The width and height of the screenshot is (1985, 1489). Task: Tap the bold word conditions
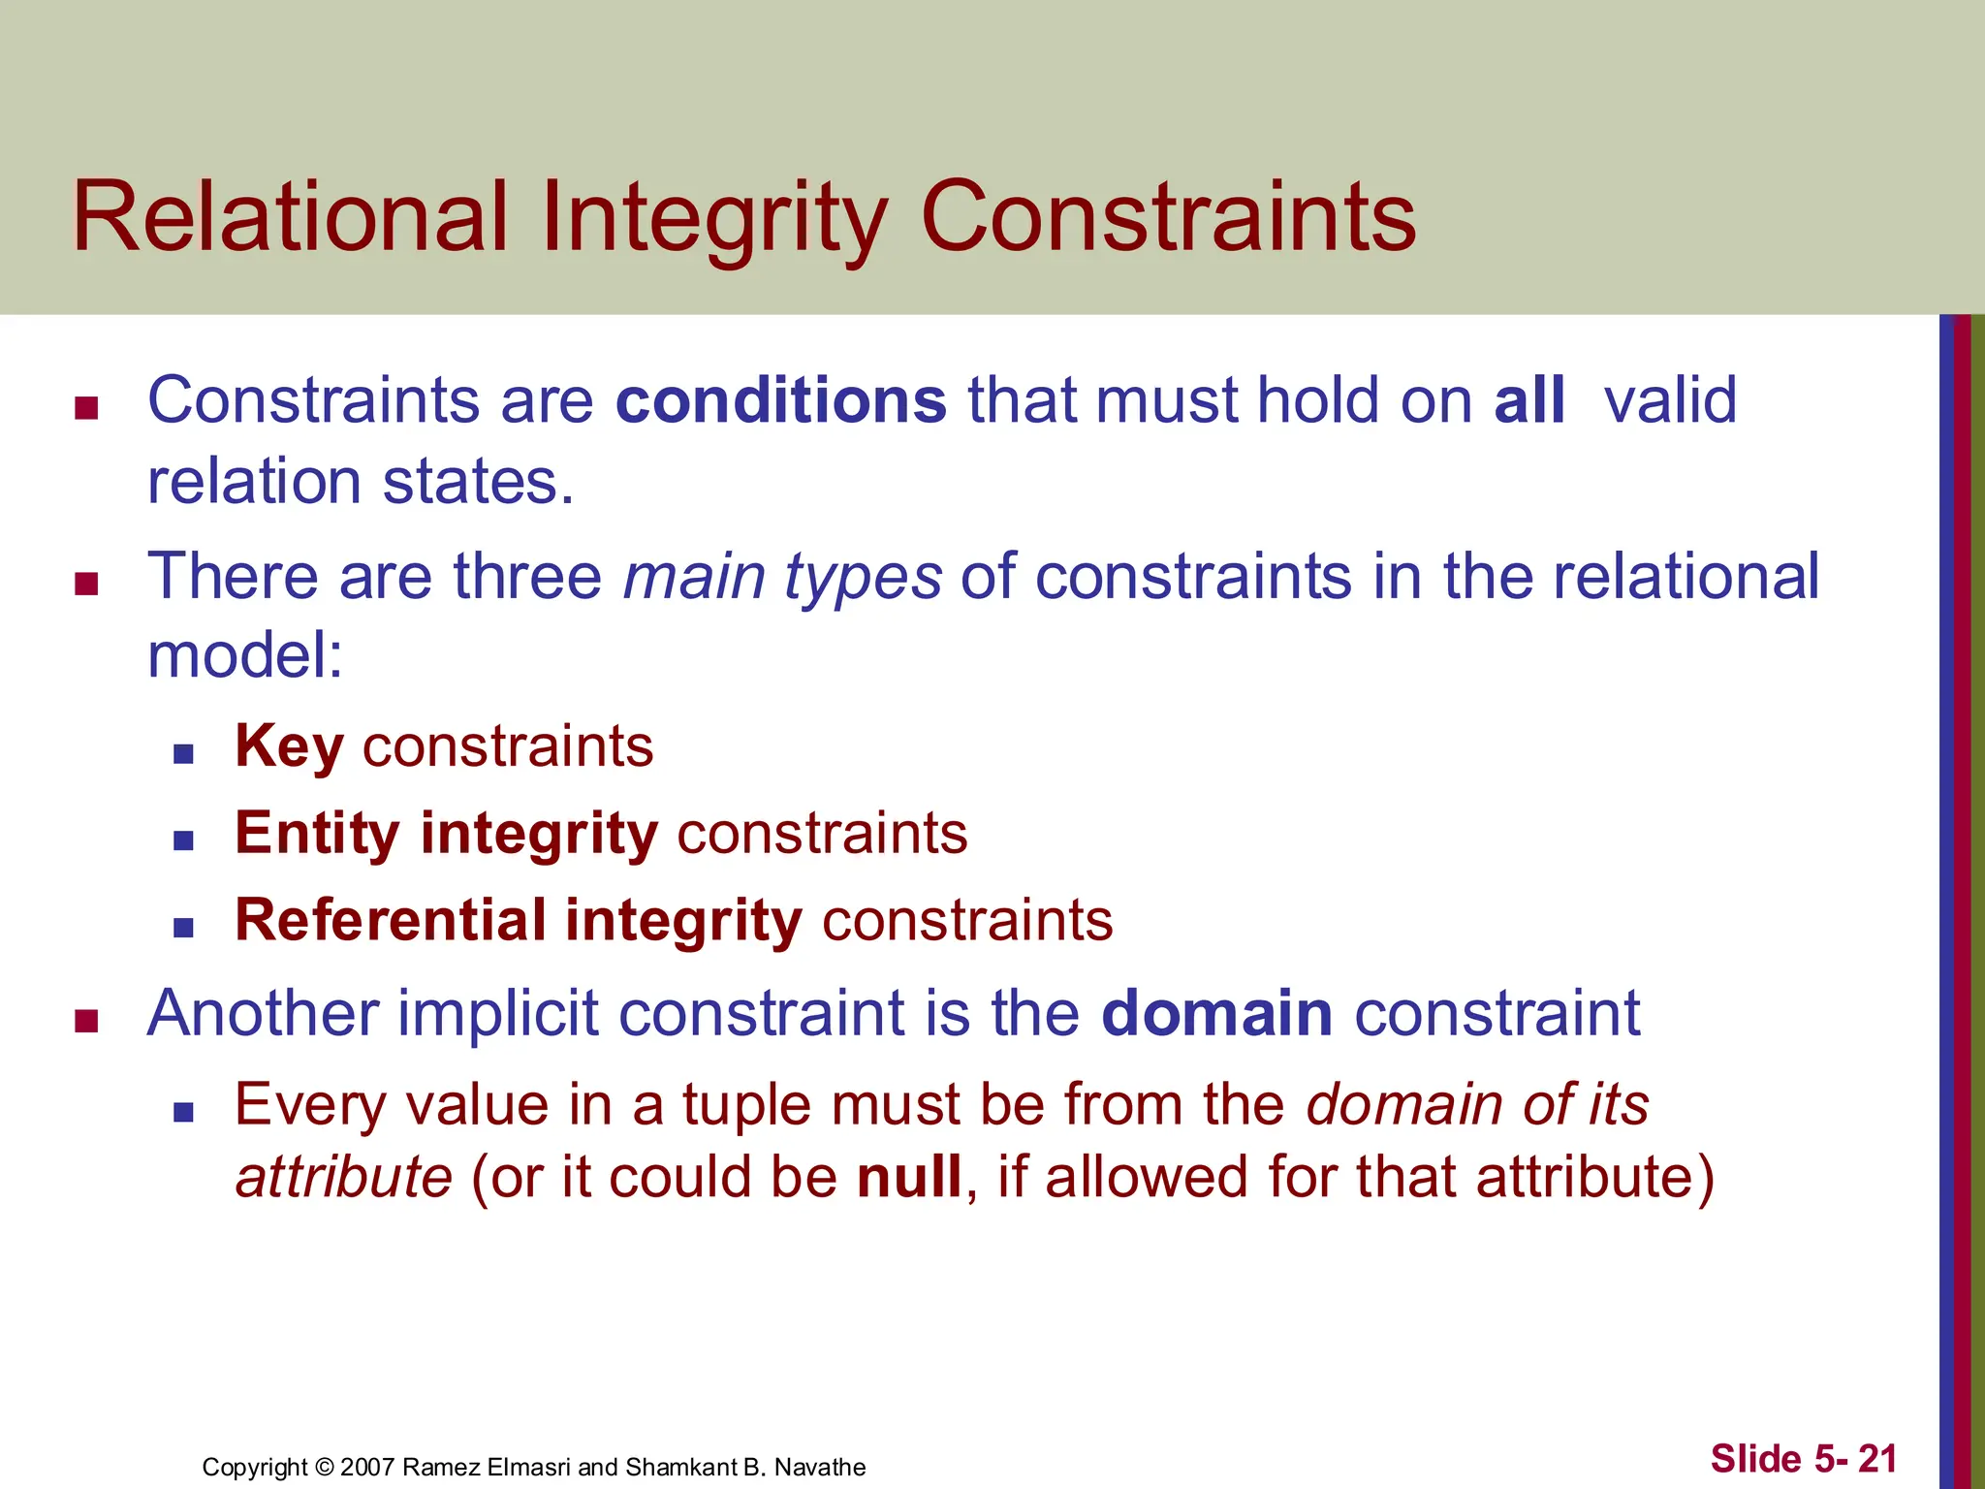click(x=781, y=400)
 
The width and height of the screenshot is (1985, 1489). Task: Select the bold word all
click(x=1529, y=400)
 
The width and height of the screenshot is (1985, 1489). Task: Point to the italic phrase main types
click(x=781, y=577)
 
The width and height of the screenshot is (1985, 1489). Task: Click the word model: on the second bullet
click(x=245, y=656)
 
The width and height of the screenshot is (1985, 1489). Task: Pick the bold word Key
click(x=289, y=746)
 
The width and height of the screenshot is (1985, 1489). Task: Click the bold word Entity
click(x=317, y=834)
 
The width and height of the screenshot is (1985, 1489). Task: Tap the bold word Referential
click(x=390, y=920)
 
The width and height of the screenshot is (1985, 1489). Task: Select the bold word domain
click(x=1217, y=1014)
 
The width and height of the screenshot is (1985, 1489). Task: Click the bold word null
click(x=909, y=1177)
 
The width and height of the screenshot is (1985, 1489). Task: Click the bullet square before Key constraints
click(x=183, y=753)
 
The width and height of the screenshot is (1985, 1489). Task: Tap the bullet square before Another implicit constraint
click(x=86, y=1021)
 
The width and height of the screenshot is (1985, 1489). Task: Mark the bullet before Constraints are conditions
click(x=86, y=408)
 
